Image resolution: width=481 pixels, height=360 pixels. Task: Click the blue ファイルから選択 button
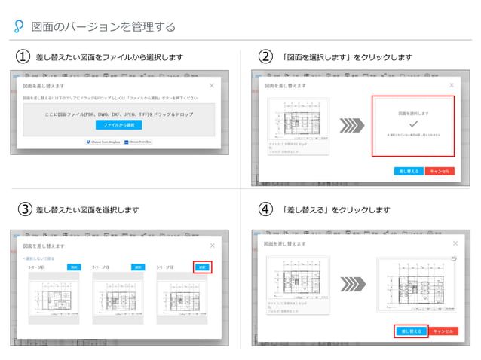(119, 124)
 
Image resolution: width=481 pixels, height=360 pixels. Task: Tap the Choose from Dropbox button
(103, 142)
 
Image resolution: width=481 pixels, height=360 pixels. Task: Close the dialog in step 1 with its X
(211, 86)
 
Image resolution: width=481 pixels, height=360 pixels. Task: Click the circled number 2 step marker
(265, 57)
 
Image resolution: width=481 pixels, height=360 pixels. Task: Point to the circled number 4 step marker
(265, 209)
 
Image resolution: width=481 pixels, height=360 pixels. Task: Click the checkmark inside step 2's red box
(412, 123)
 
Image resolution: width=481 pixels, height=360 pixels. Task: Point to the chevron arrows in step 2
(351, 124)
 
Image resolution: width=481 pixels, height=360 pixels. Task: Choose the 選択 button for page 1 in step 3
(74, 267)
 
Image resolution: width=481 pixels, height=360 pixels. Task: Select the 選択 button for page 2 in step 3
(137, 267)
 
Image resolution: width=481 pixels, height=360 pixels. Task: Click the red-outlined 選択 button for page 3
(202, 267)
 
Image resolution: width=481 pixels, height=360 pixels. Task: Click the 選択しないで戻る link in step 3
(38, 258)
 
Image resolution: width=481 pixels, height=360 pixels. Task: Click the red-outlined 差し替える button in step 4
(411, 331)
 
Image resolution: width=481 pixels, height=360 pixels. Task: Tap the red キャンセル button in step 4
(443, 331)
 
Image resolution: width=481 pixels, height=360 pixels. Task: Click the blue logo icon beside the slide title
(19, 27)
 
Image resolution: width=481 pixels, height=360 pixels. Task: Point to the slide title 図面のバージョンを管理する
(103, 27)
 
